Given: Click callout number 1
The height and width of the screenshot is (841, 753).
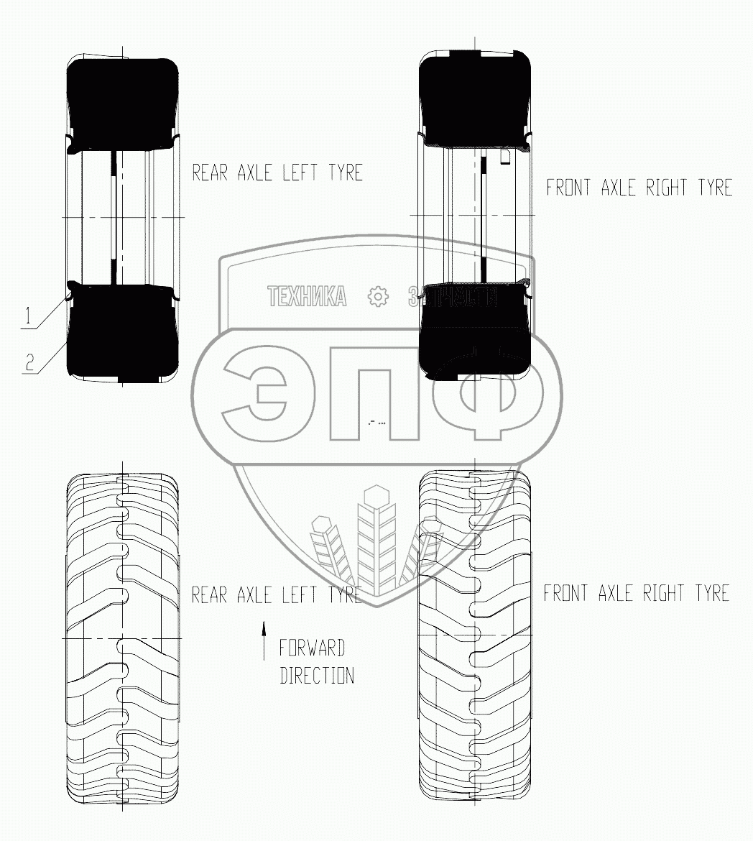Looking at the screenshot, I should [27, 315].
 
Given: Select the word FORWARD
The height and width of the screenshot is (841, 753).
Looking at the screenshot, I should [312, 648].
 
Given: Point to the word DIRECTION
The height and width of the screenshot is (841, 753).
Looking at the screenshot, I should [316, 676].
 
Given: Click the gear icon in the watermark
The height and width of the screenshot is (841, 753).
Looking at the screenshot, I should [377, 296].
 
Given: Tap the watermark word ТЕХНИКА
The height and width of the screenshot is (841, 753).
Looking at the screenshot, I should [307, 296].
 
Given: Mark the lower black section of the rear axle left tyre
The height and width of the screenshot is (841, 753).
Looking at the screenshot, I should [122, 331].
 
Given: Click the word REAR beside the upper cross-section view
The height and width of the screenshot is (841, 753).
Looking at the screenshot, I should [210, 173].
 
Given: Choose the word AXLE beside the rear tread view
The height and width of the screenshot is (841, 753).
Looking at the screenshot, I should [258, 595].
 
